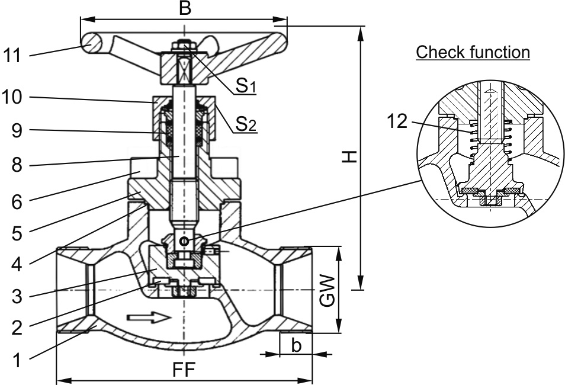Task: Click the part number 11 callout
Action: [x=12, y=56]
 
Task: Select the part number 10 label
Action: [x=12, y=97]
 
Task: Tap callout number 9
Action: [x=17, y=130]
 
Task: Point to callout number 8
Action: [x=17, y=165]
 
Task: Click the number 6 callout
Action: [x=17, y=202]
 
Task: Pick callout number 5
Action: [x=17, y=233]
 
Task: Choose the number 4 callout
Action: [x=17, y=265]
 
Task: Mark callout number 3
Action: [x=17, y=297]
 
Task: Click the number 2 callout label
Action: [x=17, y=328]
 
